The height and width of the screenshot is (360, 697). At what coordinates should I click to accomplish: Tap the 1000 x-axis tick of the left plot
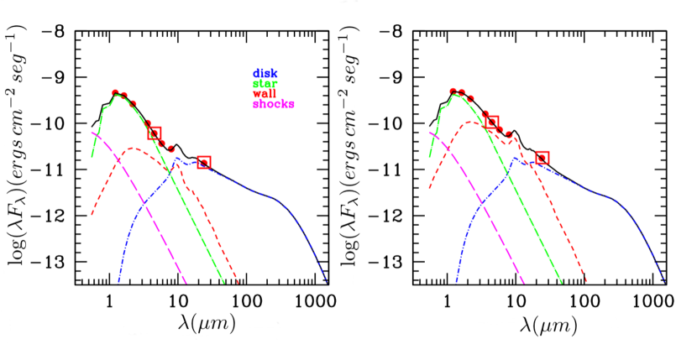point(315,299)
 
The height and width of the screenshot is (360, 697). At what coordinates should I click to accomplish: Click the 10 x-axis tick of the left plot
point(176,299)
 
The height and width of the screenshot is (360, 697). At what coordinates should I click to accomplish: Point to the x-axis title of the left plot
point(201,322)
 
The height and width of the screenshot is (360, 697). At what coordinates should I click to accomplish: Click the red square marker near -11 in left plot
point(204,162)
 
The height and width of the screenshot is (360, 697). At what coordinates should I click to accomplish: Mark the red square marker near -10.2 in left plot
point(155,133)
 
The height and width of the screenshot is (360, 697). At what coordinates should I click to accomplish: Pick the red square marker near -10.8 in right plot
point(542,158)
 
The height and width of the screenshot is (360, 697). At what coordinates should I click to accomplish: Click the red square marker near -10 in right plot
point(492,123)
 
